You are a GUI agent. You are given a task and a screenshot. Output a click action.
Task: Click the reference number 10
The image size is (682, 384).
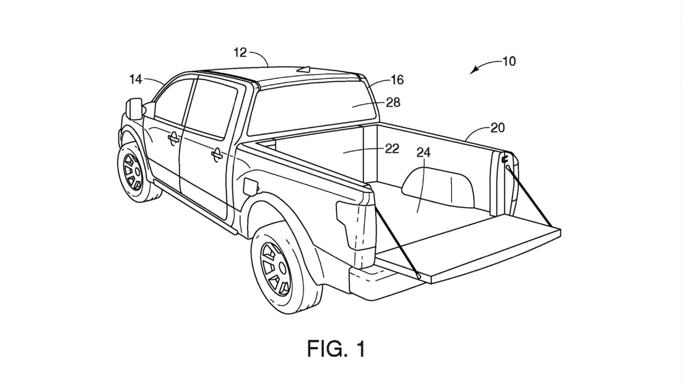509,61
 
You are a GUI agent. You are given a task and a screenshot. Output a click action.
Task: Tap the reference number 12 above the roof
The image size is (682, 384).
240,52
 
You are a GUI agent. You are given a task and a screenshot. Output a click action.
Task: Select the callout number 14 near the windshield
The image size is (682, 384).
136,79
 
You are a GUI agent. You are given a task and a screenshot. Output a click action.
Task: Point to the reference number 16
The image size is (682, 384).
397,80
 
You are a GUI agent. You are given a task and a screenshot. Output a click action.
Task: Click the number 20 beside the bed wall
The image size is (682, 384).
497,128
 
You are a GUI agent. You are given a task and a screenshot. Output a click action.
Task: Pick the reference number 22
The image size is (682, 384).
392,149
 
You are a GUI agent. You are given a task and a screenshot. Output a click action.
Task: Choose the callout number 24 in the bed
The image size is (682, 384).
423,152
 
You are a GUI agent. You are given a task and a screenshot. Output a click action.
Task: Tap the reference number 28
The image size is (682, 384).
393,103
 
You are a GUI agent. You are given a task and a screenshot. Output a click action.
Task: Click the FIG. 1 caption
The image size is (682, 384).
336,349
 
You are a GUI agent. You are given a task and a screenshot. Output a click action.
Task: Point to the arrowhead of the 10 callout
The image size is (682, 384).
472,72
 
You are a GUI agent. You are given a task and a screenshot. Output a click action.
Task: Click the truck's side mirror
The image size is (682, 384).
134,108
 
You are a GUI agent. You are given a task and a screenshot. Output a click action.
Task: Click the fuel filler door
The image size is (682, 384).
251,187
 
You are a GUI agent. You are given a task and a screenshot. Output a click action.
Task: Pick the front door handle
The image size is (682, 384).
173,139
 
